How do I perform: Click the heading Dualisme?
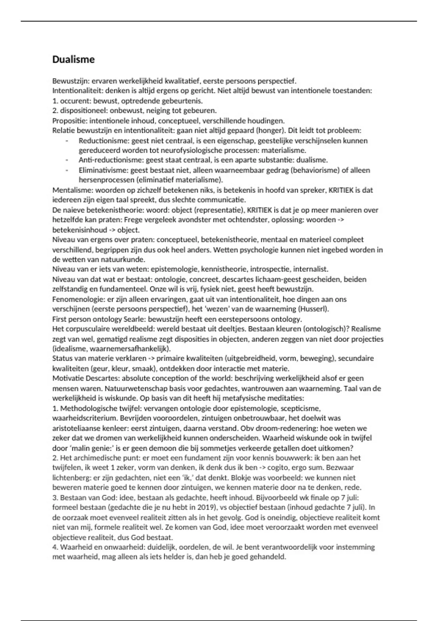(x=73, y=60)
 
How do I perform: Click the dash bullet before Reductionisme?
(x=67, y=141)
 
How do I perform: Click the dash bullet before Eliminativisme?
(x=67, y=171)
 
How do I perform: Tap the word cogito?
(x=288, y=468)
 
